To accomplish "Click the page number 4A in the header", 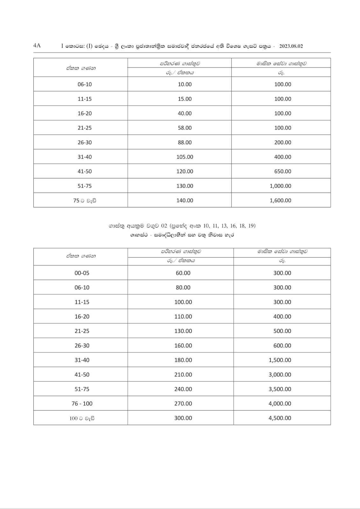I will click(x=37, y=45).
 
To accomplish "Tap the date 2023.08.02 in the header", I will click(x=291, y=46).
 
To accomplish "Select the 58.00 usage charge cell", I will click(x=185, y=128).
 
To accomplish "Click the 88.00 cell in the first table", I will click(x=185, y=143).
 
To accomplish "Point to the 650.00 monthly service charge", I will click(x=283, y=171).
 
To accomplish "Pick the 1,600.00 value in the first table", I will click(x=280, y=200).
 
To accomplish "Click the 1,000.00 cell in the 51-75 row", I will click(x=280, y=186).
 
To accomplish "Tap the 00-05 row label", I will click(x=82, y=273).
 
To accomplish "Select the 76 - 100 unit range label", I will click(x=82, y=404).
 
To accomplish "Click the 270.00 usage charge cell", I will click(x=183, y=404).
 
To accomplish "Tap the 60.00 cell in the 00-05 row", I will click(x=183, y=273).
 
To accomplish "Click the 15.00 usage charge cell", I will click(x=185, y=99).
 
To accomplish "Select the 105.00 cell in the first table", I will click(x=185, y=157).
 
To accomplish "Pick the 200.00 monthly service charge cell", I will click(x=283, y=143).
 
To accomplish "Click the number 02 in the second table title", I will click(x=164, y=226).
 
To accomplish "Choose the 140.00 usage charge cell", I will click(x=185, y=200).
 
